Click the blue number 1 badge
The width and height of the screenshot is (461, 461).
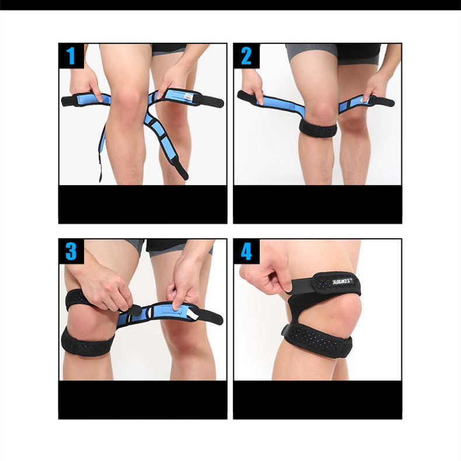(71, 56)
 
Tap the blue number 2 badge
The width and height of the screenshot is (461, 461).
(246, 56)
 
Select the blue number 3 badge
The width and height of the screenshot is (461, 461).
(71, 252)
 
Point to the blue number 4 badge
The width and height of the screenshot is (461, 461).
(246, 252)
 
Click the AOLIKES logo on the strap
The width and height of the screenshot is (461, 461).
(343, 281)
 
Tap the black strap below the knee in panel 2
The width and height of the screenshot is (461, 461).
(318, 128)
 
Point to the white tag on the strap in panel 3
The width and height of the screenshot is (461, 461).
(193, 315)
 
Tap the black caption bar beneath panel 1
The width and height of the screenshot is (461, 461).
(142, 204)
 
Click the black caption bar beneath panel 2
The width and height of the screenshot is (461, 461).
(317, 204)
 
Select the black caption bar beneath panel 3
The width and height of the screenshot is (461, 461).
(142, 400)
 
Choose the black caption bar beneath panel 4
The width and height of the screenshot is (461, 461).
(317, 400)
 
